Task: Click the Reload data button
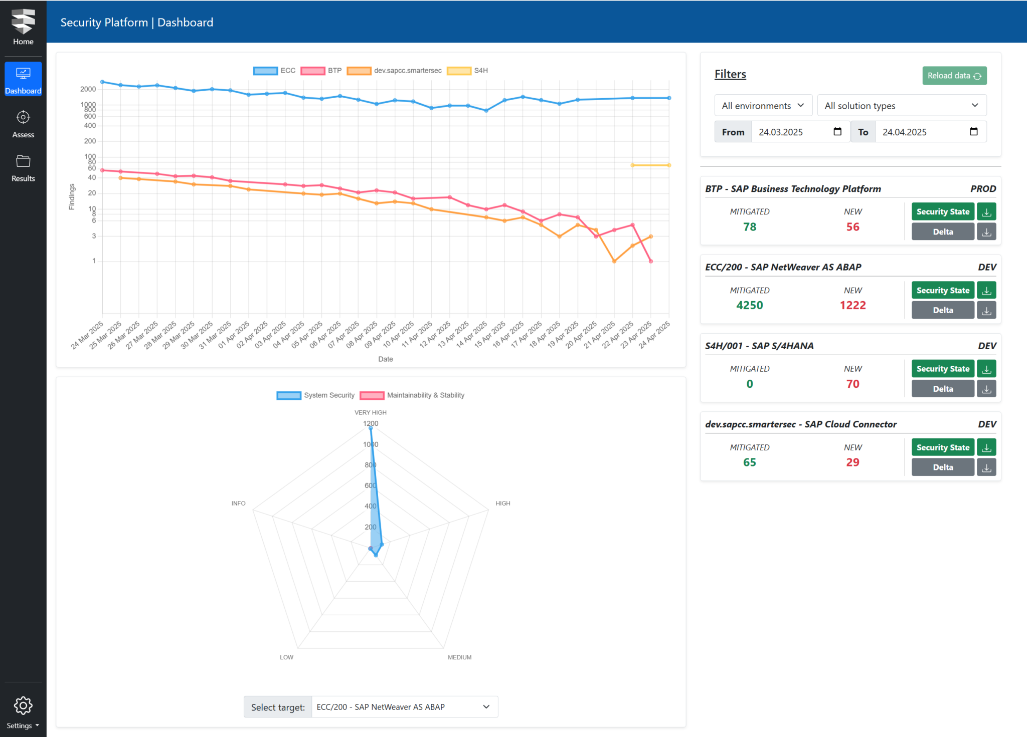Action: [x=954, y=76]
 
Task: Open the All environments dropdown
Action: [x=763, y=106]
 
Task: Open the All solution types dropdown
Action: [x=901, y=106]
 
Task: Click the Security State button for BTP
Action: [x=942, y=212]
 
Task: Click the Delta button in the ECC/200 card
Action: [x=942, y=310]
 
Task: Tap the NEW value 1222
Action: [x=852, y=305]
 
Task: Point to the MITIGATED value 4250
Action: [x=749, y=305]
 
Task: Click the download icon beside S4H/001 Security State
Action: [x=986, y=369]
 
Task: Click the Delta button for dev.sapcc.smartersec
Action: [x=942, y=467]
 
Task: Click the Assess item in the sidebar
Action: [x=23, y=124]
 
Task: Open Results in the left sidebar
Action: [x=23, y=168]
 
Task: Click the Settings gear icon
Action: [x=23, y=705]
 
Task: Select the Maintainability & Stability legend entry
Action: [x=412, y=395]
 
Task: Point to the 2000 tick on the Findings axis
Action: [x=88, y=89]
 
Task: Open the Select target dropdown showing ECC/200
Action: [x=404, y=707]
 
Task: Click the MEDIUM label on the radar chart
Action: [x=459, y=657]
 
